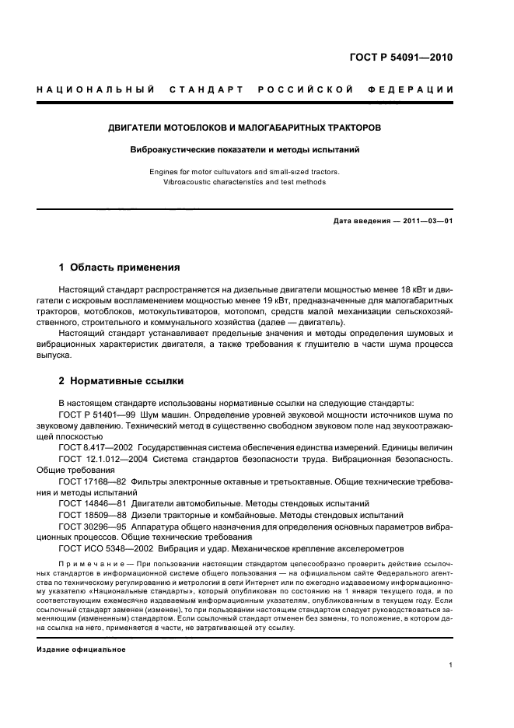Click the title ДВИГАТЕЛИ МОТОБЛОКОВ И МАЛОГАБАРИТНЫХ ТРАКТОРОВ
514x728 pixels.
click(x=245, y=127)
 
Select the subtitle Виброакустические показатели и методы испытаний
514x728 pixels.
click(x=245, y=148)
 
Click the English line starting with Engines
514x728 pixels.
click(x=245, y=171)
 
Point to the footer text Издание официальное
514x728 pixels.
click(x=81, y=649)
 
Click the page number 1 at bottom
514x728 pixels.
click(x=451, y=665)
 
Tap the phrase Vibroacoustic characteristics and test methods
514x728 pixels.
click(x=245, y=182)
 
